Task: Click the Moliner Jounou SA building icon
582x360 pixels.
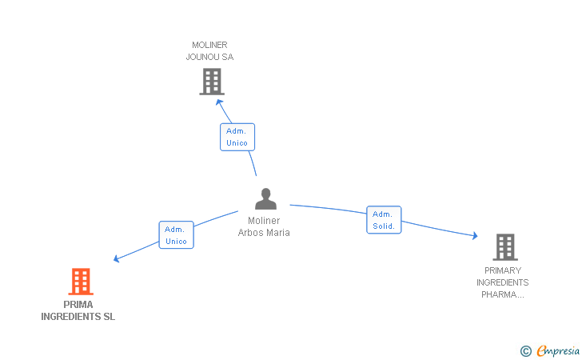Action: pos(211,82)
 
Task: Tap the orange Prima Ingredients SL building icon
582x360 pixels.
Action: pos(80,282)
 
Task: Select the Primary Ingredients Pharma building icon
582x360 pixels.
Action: pos(504,247)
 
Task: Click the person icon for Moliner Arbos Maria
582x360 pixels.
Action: pos(265,199)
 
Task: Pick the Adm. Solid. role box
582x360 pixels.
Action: pos(384,220)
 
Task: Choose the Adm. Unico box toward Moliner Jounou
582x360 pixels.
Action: pos(237,137)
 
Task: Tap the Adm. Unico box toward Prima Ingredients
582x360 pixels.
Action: pos(176,235)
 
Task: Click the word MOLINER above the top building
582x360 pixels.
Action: pos(210,45)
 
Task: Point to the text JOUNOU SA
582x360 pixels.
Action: pos(209,57)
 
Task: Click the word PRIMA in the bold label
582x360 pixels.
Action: pos(78,304)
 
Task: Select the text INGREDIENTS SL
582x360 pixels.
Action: pos(78,317)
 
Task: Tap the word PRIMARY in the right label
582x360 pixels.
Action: pos(502,270)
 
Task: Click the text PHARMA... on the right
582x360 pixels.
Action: pos(502,294)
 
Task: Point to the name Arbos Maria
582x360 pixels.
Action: pos(264,233)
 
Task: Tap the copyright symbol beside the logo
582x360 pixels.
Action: pos(525,350)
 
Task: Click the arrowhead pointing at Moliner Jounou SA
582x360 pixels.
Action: pos(219,102)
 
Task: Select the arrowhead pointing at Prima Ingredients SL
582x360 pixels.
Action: pos(116,259)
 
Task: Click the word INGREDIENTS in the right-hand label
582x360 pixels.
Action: pos(502,282)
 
